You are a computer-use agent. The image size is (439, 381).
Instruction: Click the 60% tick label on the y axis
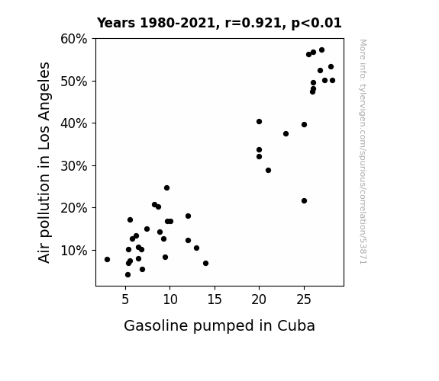73,39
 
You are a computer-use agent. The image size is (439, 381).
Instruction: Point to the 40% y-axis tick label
73,123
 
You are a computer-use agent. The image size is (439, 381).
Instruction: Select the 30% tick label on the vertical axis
73,166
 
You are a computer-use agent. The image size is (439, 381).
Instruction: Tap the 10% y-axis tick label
73,251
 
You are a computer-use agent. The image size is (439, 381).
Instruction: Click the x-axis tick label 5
125,299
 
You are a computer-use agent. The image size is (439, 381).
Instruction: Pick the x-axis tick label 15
215,299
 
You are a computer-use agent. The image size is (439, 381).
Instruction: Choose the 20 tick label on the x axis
259,299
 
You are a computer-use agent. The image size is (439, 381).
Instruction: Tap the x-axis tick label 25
304,299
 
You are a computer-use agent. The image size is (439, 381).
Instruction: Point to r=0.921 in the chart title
253,23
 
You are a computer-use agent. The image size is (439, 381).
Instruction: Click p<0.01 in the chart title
316,24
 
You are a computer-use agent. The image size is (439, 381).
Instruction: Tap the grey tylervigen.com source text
363,152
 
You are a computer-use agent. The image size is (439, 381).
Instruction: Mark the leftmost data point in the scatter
107,259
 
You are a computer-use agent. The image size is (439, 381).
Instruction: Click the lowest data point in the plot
128,275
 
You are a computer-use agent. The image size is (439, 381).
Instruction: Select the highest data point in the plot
321,50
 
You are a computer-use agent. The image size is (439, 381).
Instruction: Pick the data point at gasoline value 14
206,264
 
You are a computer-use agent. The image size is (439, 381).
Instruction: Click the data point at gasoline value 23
286,134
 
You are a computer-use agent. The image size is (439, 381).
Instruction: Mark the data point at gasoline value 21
268,170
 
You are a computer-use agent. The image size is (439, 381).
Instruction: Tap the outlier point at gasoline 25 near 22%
305,200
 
